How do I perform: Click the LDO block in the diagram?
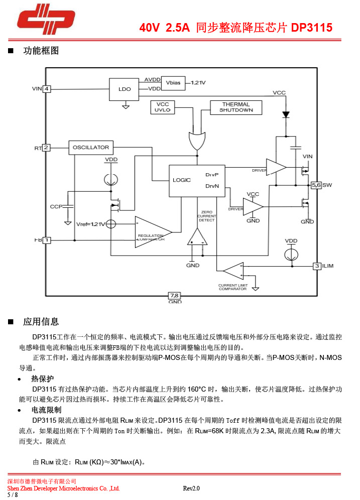tap(125, 89)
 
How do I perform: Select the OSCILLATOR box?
tap(90, 148)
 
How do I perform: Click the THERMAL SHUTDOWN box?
tap(236, 107)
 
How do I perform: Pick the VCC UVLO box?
tap(162, 107)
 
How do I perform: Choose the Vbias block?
tap(173, 82)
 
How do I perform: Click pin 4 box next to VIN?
tap(46, 89)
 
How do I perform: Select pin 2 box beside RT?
tap(46, 148)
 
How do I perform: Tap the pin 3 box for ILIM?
tap(317, 266)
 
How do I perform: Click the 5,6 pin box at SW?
tap(316, 185)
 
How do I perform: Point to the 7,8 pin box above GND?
tap(175, 295)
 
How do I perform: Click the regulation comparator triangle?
tap(152, 232)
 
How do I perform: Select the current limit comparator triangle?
tap(233, 271)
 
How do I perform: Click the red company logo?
tap(46, 20)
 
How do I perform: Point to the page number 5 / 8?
tap(13, 494)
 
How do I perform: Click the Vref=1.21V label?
tap(90, 224)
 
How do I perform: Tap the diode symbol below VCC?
tap(286, 114)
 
